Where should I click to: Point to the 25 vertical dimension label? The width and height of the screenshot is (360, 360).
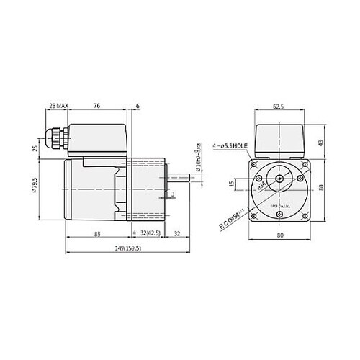35,148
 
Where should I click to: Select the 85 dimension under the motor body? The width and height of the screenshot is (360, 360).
96,233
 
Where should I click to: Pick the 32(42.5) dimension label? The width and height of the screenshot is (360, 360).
152,233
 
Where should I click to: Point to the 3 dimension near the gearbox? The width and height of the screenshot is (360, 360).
173,194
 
